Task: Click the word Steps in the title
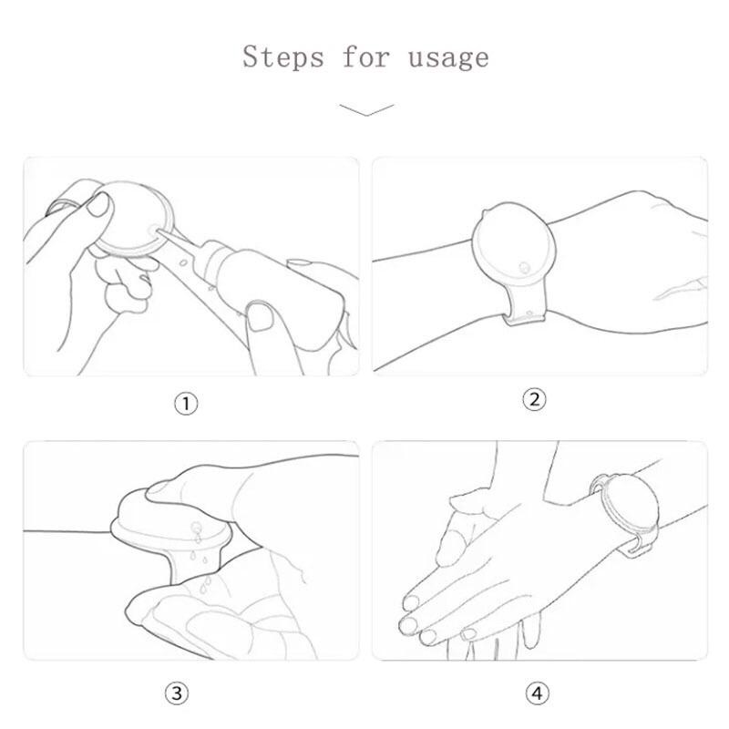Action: tap(282, 56)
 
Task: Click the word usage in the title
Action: tap(448, 59)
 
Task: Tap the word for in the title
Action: tap(365, 56)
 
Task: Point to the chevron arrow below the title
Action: tap(367, 109)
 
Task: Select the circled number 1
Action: tap(186, 404)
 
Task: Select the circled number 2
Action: tap(534, 399)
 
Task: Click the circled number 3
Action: tap(177, 693)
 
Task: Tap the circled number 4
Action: tap(537, 693)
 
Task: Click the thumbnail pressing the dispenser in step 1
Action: tap(98, 205)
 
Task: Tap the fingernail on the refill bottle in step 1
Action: tap(260, 316)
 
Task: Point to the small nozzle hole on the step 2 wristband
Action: tap(525, 268)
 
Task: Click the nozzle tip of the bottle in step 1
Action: tap(157, 230)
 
